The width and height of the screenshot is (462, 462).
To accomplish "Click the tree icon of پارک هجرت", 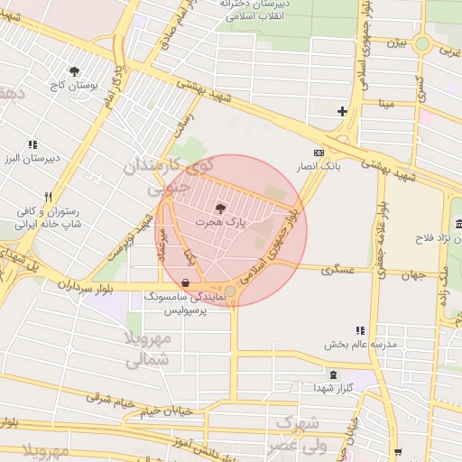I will [x=222, y=208].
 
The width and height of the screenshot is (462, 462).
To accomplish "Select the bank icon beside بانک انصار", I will [x=318, y=152].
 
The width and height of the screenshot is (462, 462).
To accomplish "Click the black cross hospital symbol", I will [x=342, y=112].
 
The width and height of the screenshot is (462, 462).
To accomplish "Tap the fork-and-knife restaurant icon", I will [x=49, y=196].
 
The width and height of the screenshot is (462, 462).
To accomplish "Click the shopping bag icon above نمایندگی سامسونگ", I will [x=185, y=282].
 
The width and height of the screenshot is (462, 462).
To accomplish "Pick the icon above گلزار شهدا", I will [x=334, y=374].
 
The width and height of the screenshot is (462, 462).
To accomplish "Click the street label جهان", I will [x=412, y=273].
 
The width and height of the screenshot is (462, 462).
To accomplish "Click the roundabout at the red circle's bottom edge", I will [x=231, y=291].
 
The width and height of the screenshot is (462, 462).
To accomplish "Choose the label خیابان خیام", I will [x=166, y=412].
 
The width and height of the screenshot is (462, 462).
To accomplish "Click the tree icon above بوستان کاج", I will [x=74, y=70].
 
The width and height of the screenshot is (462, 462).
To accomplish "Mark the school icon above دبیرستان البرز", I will [x=33, y=144].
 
